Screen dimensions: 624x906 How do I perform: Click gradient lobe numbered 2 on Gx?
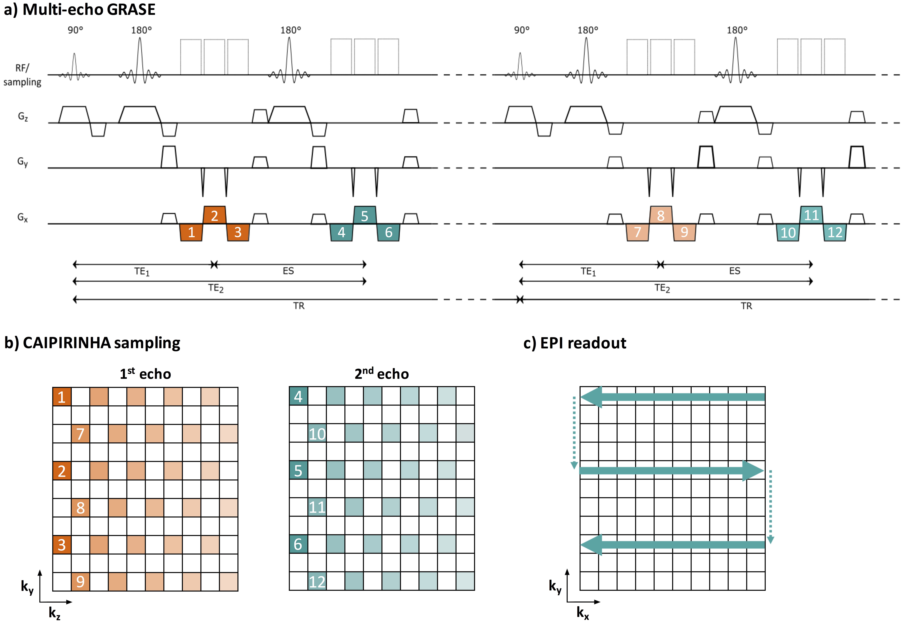[214, 215]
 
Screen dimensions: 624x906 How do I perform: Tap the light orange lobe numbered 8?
[661, 215]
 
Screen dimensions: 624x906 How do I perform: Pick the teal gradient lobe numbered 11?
[811, 215]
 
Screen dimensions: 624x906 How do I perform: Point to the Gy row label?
[23, 162]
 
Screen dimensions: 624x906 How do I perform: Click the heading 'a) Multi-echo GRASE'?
[79, 9]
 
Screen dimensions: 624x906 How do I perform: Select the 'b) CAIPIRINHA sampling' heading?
[92, 343]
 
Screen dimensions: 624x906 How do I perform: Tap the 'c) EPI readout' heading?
[575, 343]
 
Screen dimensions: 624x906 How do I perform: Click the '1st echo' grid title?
[145, 374]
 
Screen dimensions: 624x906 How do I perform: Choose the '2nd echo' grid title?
[381, 374]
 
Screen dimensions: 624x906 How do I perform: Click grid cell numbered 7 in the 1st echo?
[80, 434]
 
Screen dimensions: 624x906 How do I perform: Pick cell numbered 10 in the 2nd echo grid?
[317, 434]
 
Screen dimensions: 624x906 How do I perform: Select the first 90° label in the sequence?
[75, 30]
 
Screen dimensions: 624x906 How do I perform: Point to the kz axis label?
[55, 613]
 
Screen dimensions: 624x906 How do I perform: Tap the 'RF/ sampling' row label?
[22, 75]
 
